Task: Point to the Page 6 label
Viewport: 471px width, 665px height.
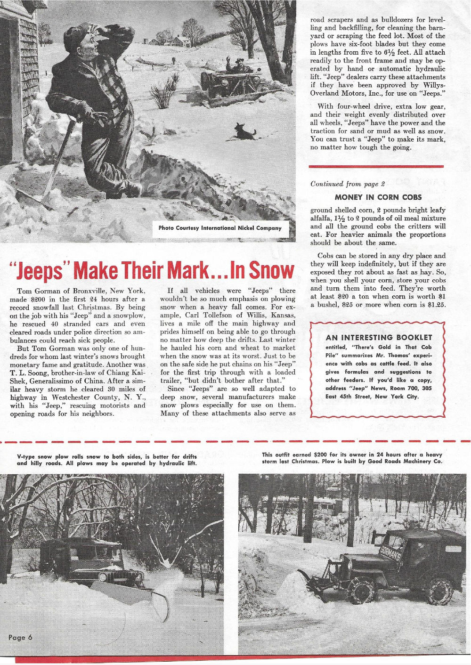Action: click(x=20, y=637)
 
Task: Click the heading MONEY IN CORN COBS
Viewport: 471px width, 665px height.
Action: click(x=378, y=197)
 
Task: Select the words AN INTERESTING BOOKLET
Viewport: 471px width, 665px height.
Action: click(x=379, y=337)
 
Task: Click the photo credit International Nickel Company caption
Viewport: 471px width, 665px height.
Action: click(x=220, y=228)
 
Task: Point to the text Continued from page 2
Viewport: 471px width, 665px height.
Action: click(x=348, y=184)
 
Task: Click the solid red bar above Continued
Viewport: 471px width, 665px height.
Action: click(x=376, y=166)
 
